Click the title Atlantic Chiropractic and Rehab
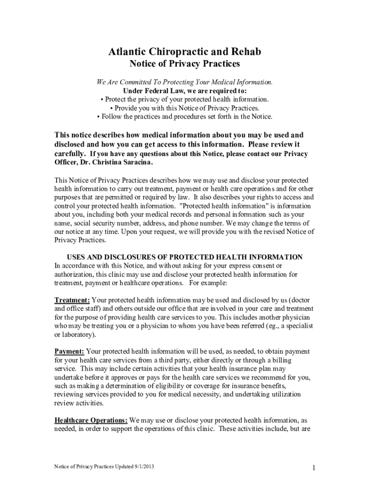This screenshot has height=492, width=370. (x=185, y=51)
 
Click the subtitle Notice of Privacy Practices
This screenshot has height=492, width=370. (x=185, y=63)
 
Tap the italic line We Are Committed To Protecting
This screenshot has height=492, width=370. (x=185, y=82)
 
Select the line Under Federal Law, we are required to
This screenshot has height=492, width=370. (x=185, y=91)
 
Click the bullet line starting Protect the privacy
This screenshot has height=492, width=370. (x=185, y=99)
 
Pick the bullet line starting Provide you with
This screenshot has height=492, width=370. (x=185, y=108)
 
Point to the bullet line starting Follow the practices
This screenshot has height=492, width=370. (x=185, y=117)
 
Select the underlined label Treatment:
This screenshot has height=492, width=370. (x=72, y=300)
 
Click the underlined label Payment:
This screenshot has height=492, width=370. (x=69, y=352)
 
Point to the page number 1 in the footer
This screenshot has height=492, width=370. (x=313, y=468)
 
